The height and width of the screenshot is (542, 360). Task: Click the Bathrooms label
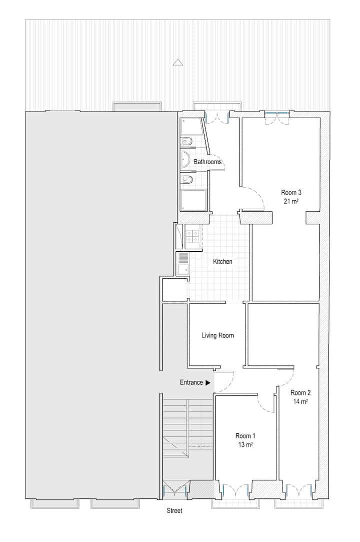(x=207, y=162)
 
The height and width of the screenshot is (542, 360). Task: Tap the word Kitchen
(x=222, y=261)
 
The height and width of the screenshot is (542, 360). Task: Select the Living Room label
(x=217, y=335)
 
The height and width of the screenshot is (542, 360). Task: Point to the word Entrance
(x=191, y=382)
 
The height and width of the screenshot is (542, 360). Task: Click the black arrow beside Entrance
(x=208, y=383)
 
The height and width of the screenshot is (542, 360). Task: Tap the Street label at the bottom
(x=174, y=510)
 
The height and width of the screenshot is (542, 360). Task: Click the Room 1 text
(x=245, y=436)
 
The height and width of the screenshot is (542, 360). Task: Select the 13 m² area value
(x=245, y=444)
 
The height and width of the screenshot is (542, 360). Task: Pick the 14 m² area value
(x=300, y=401)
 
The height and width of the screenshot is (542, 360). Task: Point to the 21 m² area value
(x=291, y=201)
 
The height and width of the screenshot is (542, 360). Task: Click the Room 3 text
(x=291, y=193)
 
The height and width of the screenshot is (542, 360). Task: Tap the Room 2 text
(x=300, y=393)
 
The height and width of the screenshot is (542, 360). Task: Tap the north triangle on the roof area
(x=177, y=62)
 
